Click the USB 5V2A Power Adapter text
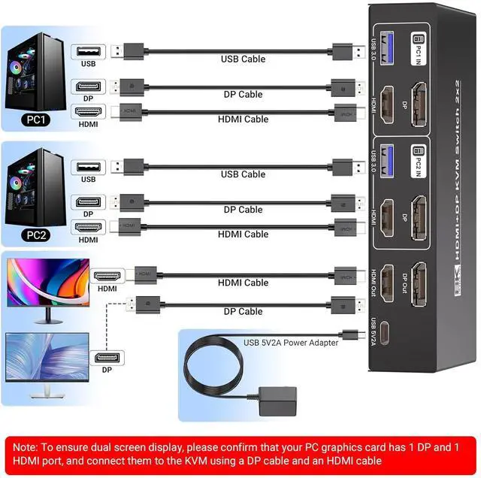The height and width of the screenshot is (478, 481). (290, 343)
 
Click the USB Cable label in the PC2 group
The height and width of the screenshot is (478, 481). (242, 174)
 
